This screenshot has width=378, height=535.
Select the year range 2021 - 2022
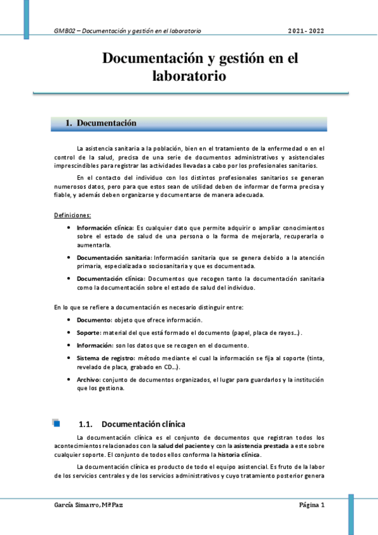coord(306,30)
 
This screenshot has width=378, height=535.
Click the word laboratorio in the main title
coord(189,76)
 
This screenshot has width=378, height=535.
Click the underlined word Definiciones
coord(73,216)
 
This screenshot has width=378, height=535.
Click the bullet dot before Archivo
coord(68,380)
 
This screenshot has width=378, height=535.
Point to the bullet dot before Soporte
coord(68,332)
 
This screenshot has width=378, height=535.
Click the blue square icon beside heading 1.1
coord(57,423)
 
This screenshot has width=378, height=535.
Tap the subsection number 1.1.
coord(86,424)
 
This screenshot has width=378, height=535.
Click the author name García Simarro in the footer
coord(76,505)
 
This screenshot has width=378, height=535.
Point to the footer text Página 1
coord(312,505)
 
